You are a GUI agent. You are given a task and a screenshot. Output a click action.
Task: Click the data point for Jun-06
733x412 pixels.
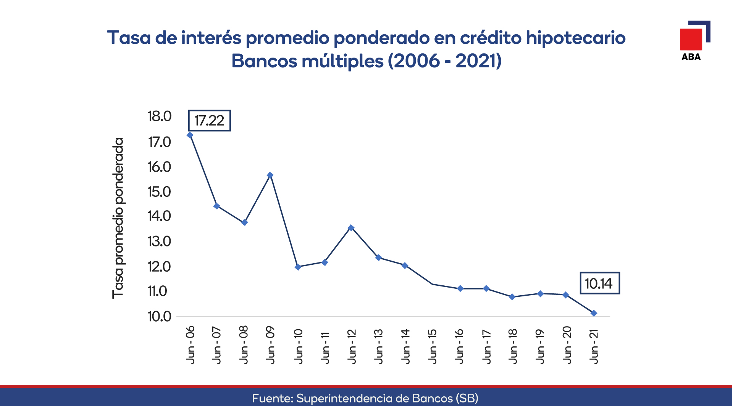pyautogui.click(x=190, y=135)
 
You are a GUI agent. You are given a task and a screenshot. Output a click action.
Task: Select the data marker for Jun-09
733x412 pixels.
pyautogui.click(x=270, y=175)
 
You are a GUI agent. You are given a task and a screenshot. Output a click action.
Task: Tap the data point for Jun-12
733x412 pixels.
pyautogui.click(x=351, y=228)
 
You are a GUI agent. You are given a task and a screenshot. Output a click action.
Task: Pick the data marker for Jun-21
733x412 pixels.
pyautogui.click(x=594, y=313)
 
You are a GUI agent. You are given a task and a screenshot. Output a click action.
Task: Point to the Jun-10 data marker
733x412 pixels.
pyautogui.click(x=298, y=267)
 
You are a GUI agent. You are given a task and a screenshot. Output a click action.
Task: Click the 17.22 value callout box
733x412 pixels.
pyautogui.click(x=209, y=121)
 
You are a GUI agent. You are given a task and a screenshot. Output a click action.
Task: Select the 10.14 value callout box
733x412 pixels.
pyautogui.click(x=600, y=283)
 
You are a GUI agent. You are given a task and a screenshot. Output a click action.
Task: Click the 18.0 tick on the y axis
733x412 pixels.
pyautogui.click(x=160, y=116)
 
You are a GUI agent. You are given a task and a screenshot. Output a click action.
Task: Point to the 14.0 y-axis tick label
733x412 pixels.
pyautogui.click(x=160, y=216)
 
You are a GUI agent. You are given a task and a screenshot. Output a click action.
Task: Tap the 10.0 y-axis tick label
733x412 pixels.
pyautogui.click(x=160, y=316)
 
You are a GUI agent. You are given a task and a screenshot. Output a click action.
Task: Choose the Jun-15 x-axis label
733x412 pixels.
pyautogui.click(x=432, y=346)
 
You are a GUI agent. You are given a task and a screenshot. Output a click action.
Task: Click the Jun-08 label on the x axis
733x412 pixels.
pyautogui.click(x=244, y=345)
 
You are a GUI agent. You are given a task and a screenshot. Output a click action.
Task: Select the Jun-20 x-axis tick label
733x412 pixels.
pyautogui.click(x=567, y=345)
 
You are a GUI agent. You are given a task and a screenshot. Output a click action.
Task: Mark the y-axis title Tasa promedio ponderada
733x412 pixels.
pyautogui.click(x=118, y=218)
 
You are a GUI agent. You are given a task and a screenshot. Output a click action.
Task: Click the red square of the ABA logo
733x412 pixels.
pyautogui.click(x=691, y=39)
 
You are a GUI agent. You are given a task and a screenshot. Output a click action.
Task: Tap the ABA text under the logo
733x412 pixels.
pyautogui.click(x=691, y=57)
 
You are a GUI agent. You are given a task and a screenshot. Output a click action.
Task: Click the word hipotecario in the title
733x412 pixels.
pyautogui.click(x=576, y=38)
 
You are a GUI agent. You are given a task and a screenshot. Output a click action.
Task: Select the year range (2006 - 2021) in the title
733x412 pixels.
pyautogui.click(x=445, y=61)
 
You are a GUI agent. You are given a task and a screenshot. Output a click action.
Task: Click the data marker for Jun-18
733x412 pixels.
pyautogui.click(x=512, y=297)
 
